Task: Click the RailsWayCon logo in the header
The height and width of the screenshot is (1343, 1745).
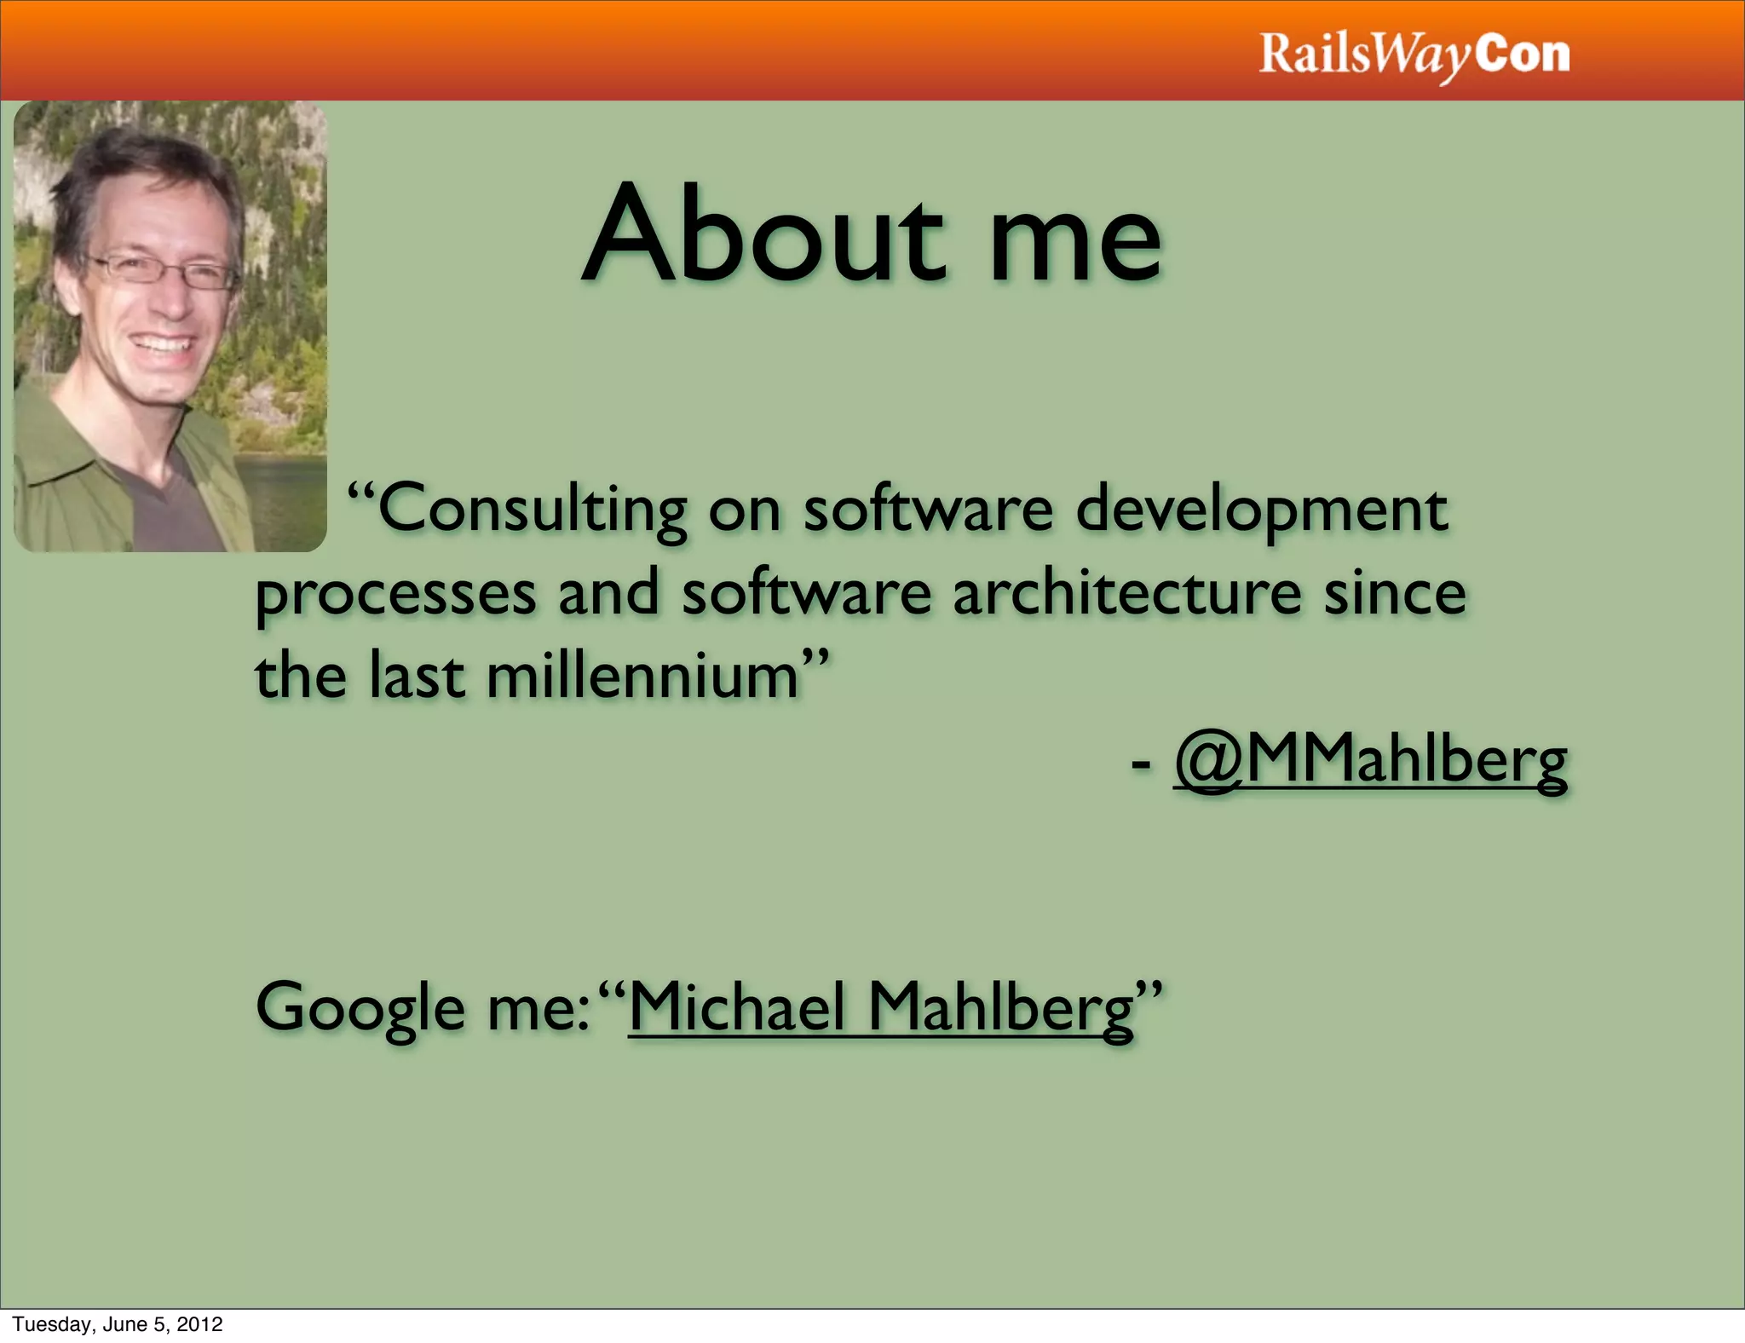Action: (1414, 55)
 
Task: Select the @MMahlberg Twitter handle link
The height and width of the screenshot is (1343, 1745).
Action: (1370, 760)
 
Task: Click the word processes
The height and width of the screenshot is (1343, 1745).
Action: (396, 595)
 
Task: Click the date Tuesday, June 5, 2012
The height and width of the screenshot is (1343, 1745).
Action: (118, 1323)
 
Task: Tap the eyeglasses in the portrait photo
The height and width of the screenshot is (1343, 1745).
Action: (162, 271)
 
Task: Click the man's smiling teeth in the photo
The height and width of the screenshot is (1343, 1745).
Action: (162, 345)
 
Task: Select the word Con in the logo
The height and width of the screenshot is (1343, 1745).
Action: (1523, 55)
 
